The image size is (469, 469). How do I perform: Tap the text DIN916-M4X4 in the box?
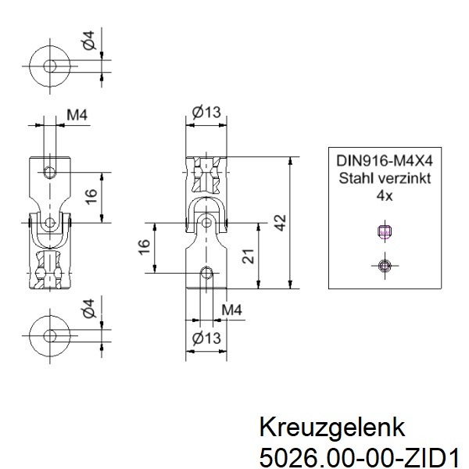pyautogui.click(x=385, y=159)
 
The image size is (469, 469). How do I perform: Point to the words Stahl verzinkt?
pyautogui.click(x=385, y=177)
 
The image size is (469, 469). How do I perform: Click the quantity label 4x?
pyautogui.click(x=384, y=195)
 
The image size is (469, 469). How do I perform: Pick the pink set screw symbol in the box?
pyautogui.click(x=384, y=231)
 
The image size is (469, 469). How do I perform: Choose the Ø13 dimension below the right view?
pyautogui.click(x=206, y=338)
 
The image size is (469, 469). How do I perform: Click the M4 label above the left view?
pyautogui.click(x=77, y=116)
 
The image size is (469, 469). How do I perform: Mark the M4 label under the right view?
pyautogui.click(x=231, y=311)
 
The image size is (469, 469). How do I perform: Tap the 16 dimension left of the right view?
pyautogui.click(x=144, y=246)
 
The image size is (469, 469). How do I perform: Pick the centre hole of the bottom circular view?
pyautogui.click(x=51, y=335)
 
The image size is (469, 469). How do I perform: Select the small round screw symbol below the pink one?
pyautogui.click(x=384, y=266)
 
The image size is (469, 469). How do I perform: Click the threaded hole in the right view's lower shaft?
pyautogui.click(x=206, y=271)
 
